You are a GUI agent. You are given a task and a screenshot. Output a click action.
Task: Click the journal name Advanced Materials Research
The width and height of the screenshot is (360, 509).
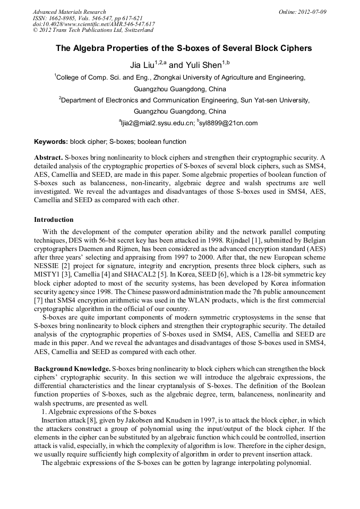coord(69,12)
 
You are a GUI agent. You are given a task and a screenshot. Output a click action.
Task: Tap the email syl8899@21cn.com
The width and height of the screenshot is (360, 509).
coord(228,123)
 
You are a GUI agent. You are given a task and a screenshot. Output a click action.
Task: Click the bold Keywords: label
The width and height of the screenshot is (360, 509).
coord(51,142)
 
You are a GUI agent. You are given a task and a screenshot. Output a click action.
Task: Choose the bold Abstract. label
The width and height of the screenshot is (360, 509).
coord(48,158)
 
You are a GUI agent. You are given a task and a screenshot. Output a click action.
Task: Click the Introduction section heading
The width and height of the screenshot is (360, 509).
coord(54,219)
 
